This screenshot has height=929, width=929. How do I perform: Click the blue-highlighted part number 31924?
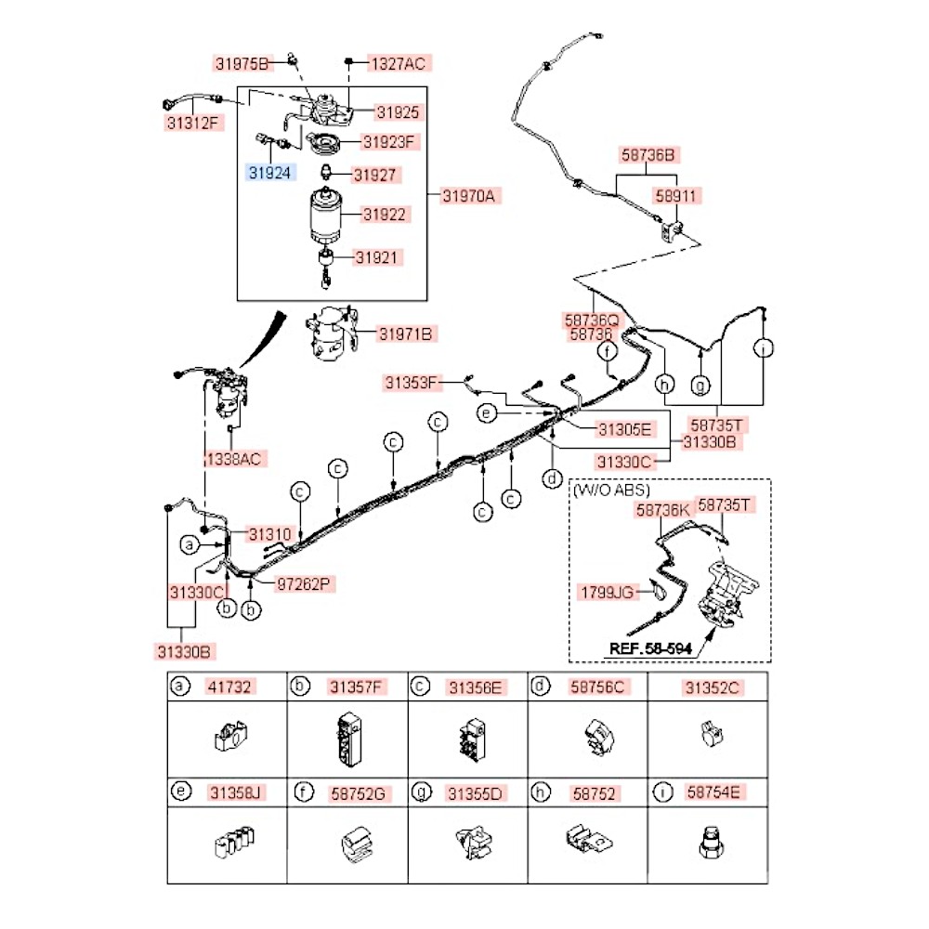tap(268, 172)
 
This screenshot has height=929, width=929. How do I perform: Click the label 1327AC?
tap(398, 63)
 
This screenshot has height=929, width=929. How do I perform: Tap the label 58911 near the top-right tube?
tap(676, 196)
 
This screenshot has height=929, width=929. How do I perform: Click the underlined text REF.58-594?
tap(650, 648)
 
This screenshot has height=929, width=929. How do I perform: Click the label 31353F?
tap(413, 381)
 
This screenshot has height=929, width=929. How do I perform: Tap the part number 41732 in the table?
tap(227, 687)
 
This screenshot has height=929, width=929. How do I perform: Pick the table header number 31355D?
tap(475, 793)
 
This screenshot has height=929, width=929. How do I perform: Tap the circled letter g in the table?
tap(422, 792)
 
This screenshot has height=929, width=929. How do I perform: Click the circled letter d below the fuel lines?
tap(553, 479)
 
